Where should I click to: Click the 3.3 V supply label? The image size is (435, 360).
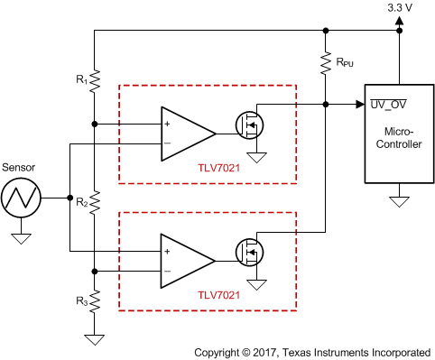[x=400, y=7]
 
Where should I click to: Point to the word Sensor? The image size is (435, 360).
[x=20, y=167]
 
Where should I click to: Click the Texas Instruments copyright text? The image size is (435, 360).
[x=312, y=350]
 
